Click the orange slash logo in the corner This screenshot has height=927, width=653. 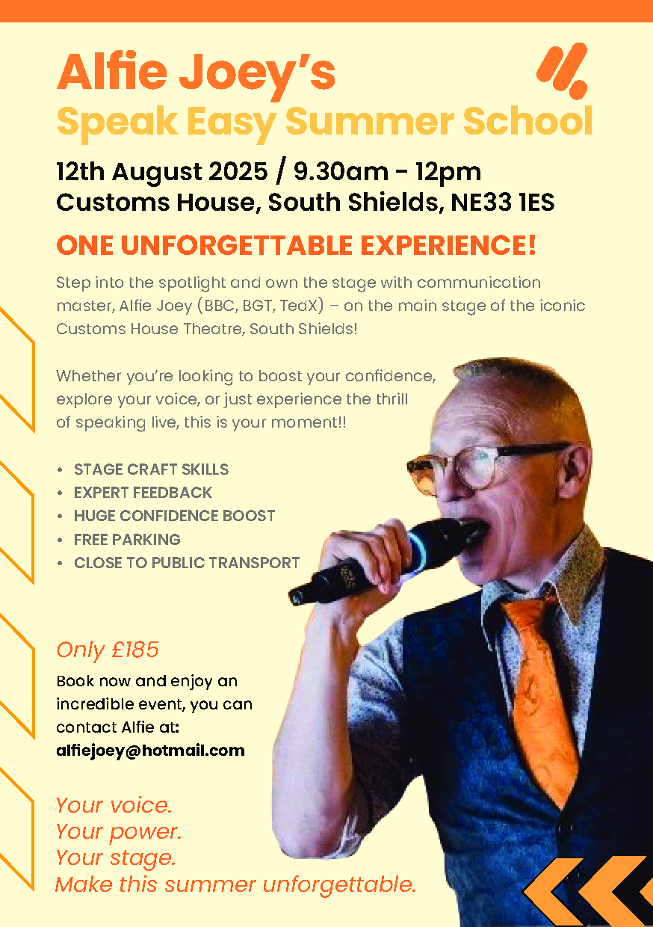(563, 70)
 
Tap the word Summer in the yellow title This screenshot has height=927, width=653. (370, 121)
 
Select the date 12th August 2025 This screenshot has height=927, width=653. (161, 171)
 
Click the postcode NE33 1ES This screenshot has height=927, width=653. (502, 202)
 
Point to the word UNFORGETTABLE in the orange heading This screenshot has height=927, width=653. (237, 245)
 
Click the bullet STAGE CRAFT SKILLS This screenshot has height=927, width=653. (151, 469)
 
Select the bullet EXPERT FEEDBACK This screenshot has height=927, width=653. (143, 493)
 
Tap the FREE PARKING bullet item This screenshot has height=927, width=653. (127, 539)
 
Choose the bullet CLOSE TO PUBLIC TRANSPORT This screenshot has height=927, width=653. (187, 563)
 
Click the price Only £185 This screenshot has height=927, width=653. (108, 650)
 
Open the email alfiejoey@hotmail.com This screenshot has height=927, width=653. (150, 751)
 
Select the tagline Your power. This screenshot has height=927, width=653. (119, 832)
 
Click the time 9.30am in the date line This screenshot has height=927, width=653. (341, 171)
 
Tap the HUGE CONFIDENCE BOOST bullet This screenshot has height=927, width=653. (174, 516)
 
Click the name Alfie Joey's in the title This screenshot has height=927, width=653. (196, 75)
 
